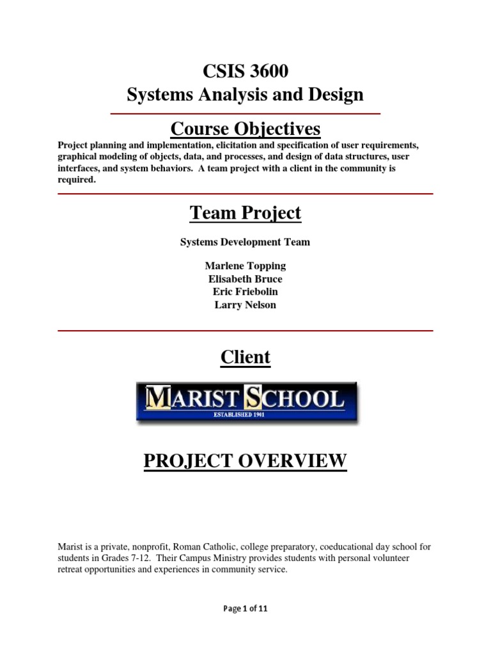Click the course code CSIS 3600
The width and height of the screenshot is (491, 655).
[x=245, y=72]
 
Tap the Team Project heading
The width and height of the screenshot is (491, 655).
[x=245, y=213]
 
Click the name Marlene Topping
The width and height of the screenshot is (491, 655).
[x=245, y=265]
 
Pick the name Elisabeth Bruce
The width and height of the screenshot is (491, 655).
[x=245, y=279]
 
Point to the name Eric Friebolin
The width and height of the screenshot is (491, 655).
[x=245, y=292]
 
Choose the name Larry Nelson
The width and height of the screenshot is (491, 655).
[x=245, y=305]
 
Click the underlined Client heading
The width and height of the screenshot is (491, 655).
[x=245, y=357]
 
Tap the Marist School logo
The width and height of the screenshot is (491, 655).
[x=247, y=402]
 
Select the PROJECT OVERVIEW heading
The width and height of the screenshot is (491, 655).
[x=245, y=461]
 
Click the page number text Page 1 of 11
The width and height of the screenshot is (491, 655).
[x=245, y=609]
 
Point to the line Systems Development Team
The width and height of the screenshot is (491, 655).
[x=245, y=242]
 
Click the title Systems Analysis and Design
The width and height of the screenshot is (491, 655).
[x=245, y=95]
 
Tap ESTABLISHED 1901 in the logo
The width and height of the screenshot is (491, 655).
[x=247, y=415]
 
